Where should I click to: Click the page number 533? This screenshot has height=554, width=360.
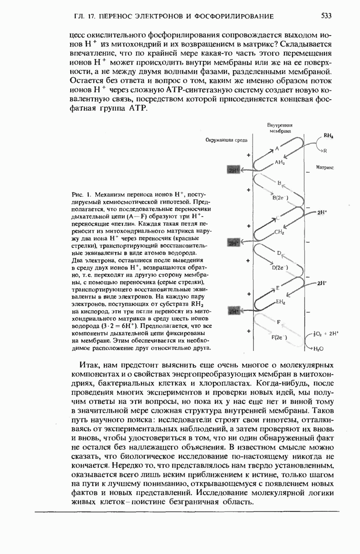pyautogui.click(x=326, y=16)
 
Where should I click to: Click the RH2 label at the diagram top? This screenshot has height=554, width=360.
pyautogui.click(x=329, y=136)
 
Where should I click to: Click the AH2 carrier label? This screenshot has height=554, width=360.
pyautogui.click(x=280, y=163)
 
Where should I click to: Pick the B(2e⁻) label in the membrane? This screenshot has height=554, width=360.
pyautogui.click(x=280, y=198)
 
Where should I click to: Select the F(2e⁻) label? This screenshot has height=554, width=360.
pyautogui.click(x=280, y=337)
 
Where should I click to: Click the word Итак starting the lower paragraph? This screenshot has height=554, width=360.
pyautogui.click(x=90, y=365)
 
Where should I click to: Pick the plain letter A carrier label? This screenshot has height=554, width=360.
pyautogui.click(x=277, y=148)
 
